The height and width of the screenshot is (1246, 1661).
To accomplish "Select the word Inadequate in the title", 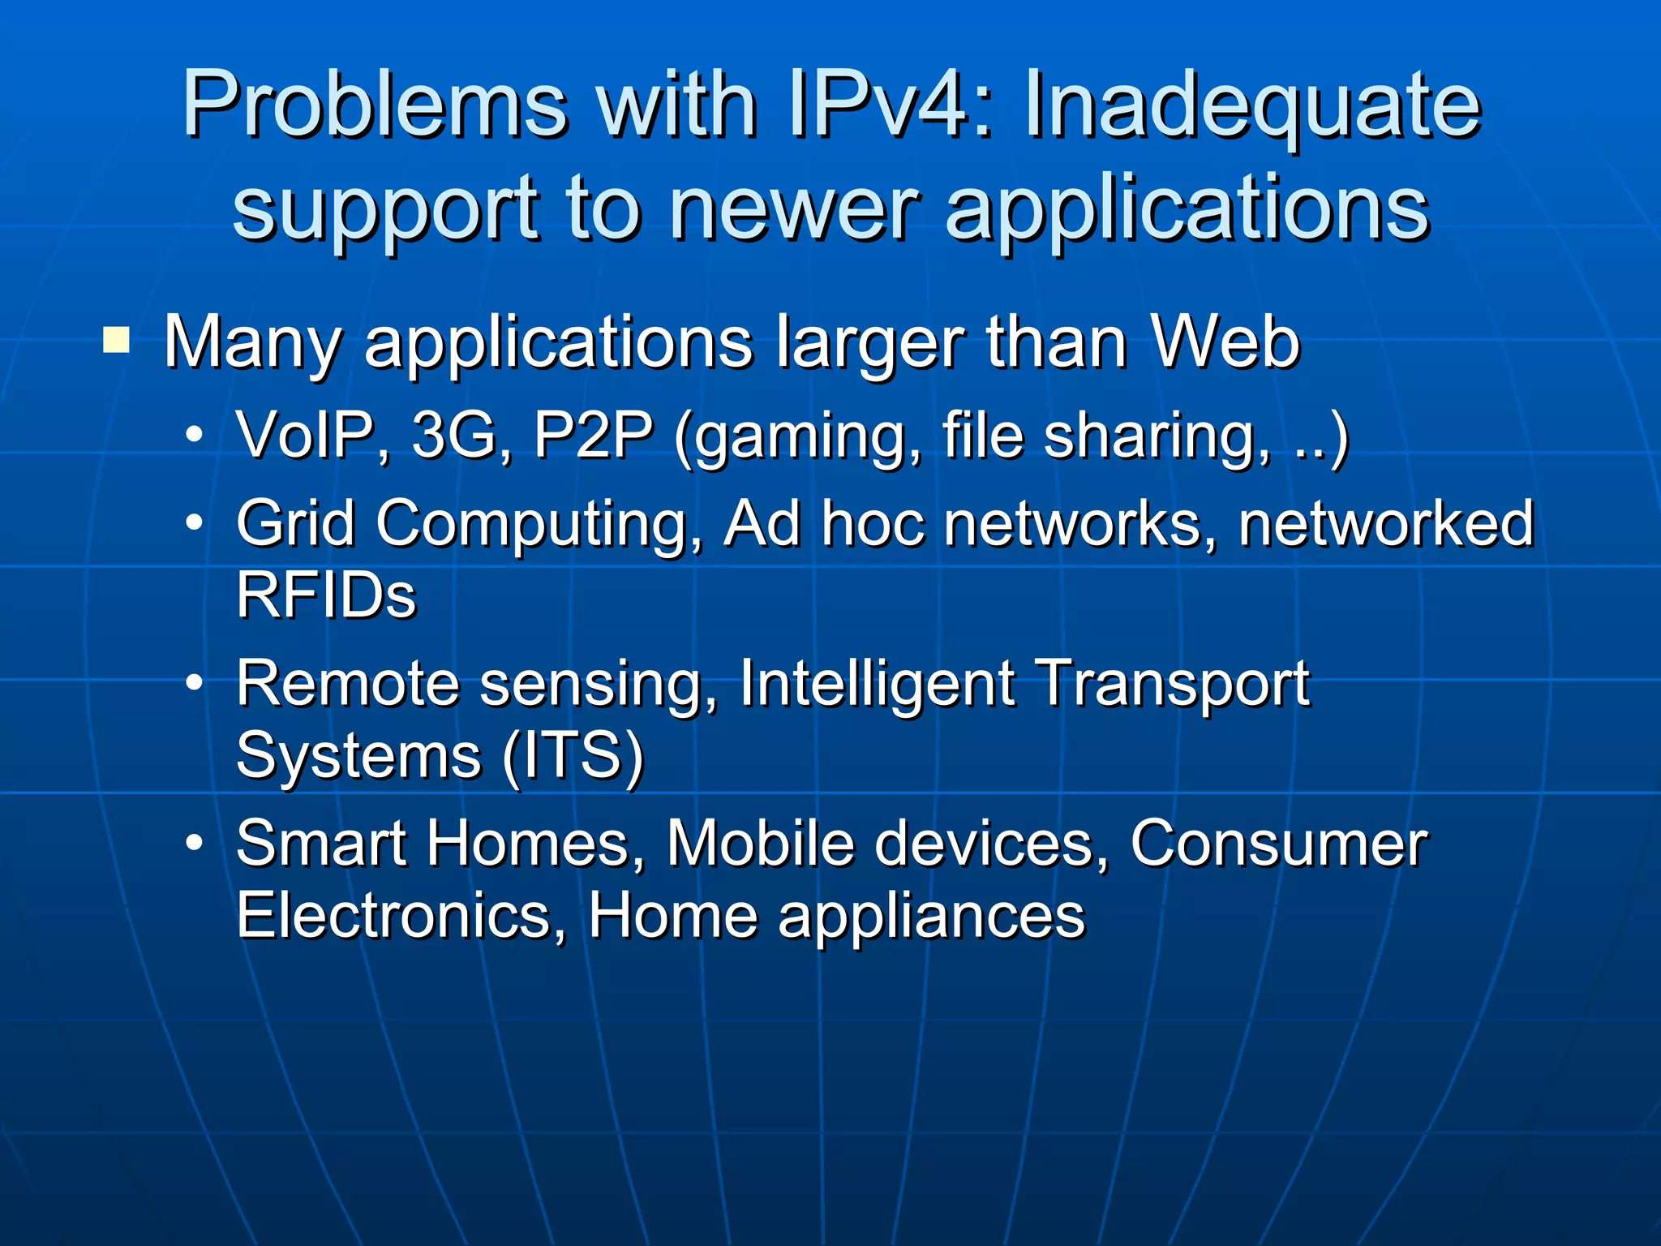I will click(x=1252, y=105).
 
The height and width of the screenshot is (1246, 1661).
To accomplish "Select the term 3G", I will click(x=460, y=435).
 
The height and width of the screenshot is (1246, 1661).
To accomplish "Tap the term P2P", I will click(x=593, y=435).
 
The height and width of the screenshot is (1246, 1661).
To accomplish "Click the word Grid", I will click(x=295, y=523).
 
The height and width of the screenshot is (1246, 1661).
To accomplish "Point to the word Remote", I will click(x=348, y=683).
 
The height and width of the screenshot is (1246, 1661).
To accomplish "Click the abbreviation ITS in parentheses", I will click(x=573, y=755).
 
